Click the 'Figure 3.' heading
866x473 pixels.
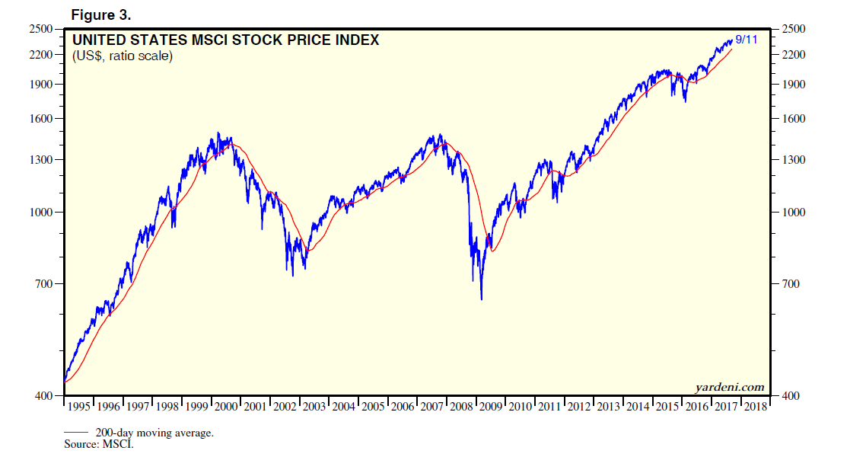click(101, 15)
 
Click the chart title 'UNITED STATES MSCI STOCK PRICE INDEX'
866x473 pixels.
click(224, 40)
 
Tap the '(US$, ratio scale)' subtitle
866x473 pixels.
click(123, 56)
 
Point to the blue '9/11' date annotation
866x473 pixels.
click(745, 39)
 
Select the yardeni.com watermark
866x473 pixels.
click(729, 387)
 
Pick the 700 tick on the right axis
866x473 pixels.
click(793, 284)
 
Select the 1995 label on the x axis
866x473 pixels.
click(79, 407)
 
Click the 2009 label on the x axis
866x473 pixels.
click(491, 407)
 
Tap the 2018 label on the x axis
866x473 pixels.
click(756, 407)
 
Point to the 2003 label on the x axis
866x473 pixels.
click(314, 407)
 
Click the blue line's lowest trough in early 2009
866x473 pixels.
click(482, 299)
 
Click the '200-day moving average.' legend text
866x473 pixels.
click(154, 433)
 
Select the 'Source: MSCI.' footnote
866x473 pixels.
click(99, 444)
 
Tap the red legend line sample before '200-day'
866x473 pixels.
click(76, 433)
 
